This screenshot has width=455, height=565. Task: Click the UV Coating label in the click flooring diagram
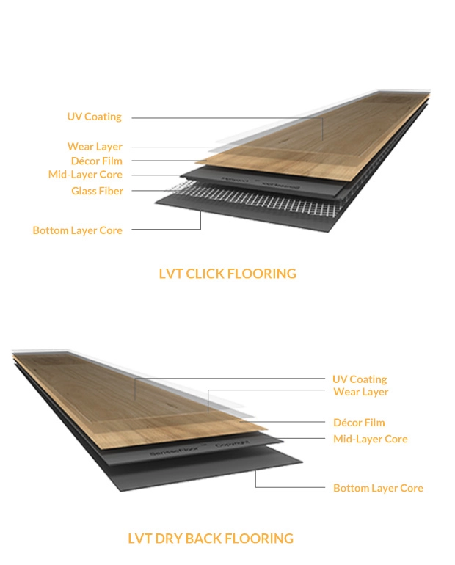point(94,117)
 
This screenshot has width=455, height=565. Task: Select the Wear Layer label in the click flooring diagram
point(95,147)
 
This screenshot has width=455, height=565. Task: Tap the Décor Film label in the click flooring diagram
point(96,161)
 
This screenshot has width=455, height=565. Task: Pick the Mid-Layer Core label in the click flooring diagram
point(85,175)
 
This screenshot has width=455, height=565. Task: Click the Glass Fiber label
point(97,191)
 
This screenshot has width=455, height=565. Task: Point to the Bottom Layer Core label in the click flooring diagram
point(77,230)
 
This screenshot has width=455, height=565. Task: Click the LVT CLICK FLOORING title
point(227,274)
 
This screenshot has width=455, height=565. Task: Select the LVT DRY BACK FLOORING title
point(210,539)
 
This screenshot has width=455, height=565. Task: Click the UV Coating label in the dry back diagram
point(360,379)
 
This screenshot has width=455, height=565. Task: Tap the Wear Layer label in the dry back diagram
point(361,392)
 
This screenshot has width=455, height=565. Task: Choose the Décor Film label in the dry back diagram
point(359,423)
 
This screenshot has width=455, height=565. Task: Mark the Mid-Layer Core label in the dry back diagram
point(370,439)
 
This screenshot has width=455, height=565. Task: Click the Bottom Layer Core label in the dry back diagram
point(378,488)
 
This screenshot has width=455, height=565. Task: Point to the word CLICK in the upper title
point(205,274)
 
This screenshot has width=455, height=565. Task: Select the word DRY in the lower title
point(170,539)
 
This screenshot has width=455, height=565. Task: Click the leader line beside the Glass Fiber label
point(154,191)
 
